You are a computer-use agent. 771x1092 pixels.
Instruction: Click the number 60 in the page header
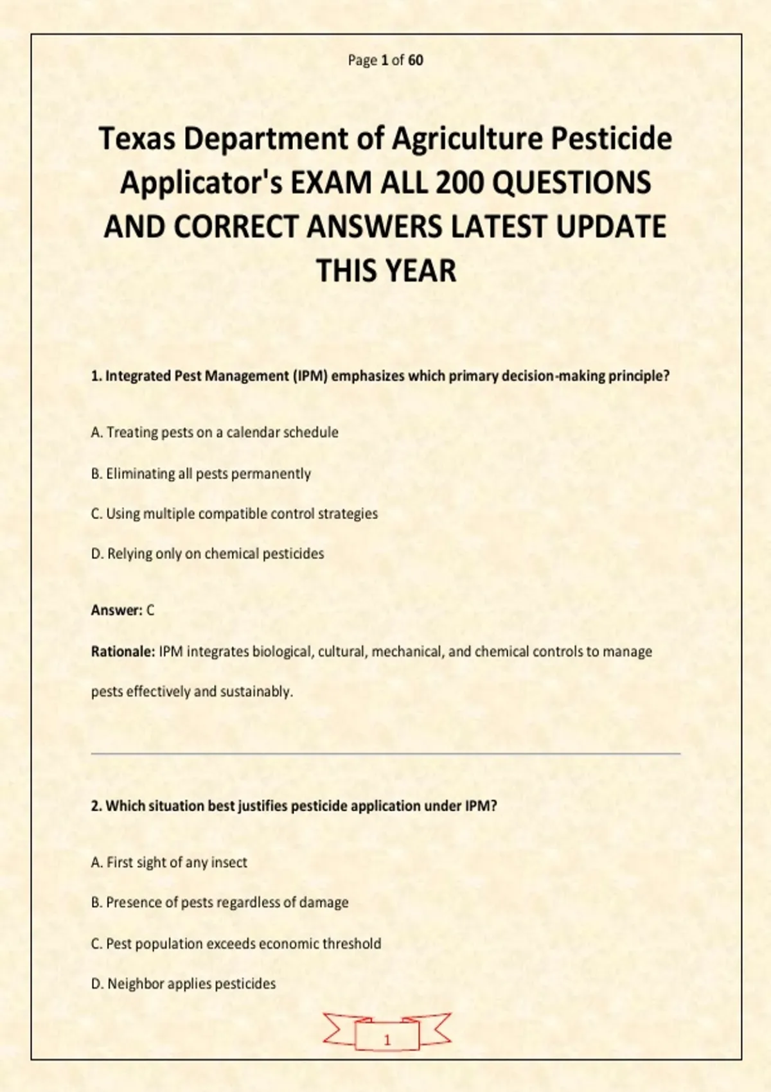(x=416, y=60)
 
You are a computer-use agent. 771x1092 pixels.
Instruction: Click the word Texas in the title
(x=136, y=139)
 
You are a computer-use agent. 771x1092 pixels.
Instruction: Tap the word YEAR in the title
(x=419, y=270)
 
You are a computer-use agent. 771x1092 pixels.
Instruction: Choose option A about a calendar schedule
(x=215, y=432)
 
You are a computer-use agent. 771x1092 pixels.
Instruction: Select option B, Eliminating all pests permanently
(x=201, y=474)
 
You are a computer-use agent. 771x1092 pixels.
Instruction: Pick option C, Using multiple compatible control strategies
(x=235, y=514)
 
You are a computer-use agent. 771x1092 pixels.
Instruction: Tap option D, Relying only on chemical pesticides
(x=208, y=554)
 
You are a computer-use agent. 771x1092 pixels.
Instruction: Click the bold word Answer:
(x=116, y=610)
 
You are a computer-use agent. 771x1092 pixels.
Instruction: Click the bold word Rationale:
(x=123, y=652)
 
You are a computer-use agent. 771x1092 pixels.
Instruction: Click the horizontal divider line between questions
(x=385, y=753)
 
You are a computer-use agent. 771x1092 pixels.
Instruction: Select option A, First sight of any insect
(x=169, y=863)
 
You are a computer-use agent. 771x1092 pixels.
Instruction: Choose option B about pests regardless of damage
(x=220, y=903)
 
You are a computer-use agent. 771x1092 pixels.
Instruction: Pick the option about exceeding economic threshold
(x=236, y=944)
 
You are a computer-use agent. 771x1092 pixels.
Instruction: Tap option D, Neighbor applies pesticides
(x=183, y=984)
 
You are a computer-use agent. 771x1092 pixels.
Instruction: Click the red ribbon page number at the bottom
(x=387, y=1040)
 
